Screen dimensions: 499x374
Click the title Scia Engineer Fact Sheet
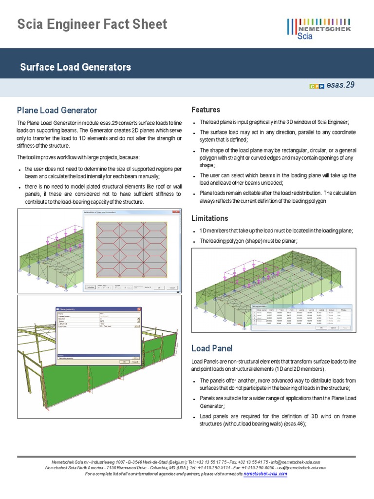[92, 24]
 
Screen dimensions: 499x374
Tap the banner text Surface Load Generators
[75, 67]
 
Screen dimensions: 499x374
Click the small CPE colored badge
[317, 86]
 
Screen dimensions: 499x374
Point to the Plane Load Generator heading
[57, 110]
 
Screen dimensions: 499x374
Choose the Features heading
[206, 110]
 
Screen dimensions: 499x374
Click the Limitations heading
[210, 218]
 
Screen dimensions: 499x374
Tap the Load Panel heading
[212, 348]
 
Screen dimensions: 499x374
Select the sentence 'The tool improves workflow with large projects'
[78, 157]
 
